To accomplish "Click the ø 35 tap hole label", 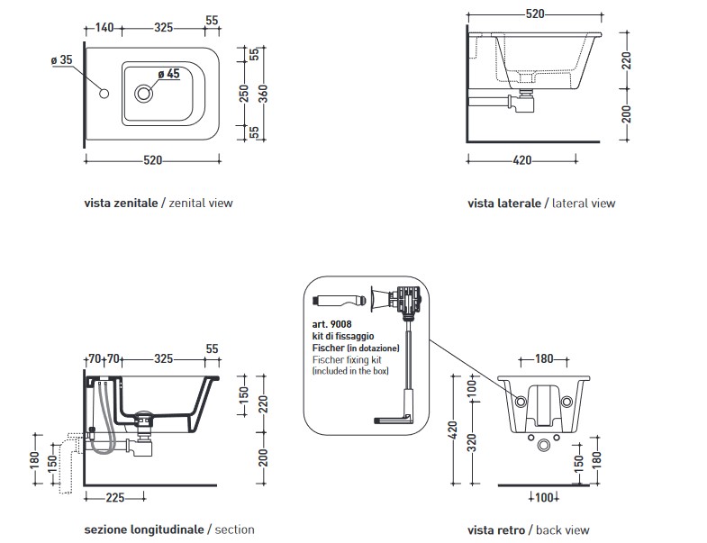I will click(61, 59).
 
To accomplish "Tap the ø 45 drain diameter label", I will click(168, 74).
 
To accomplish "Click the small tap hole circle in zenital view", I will click(104, 94).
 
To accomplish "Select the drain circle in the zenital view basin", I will click(144, 91).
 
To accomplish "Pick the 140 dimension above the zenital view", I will click(104, 28).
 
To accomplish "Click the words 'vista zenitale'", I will click(119, 204).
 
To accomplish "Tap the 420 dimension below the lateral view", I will click(520, 160).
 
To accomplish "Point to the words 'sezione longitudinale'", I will click(143, 529).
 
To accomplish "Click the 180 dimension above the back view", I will click(543, 358).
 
